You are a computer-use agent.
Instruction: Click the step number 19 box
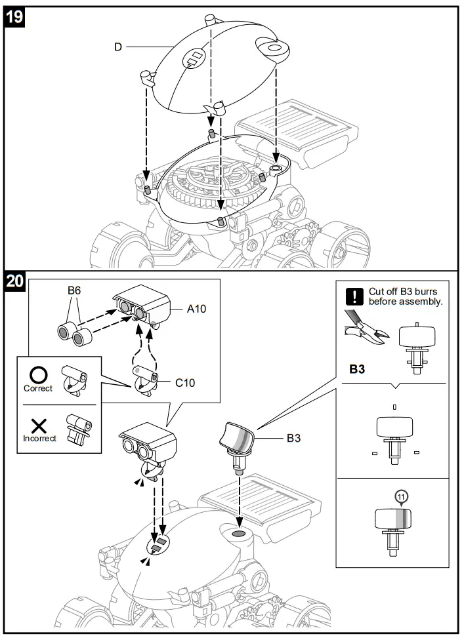click(15, 16)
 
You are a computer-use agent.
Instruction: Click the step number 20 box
click(15, 282)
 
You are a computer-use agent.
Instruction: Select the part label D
click(118, 47)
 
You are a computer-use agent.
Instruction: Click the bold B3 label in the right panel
click(357, 369)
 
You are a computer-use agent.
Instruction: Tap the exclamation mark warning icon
click(354, 296)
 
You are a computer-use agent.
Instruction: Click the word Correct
click(37, 389)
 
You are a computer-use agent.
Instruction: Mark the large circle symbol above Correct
click(37, 374)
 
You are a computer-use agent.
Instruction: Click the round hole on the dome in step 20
click(237, 535)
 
